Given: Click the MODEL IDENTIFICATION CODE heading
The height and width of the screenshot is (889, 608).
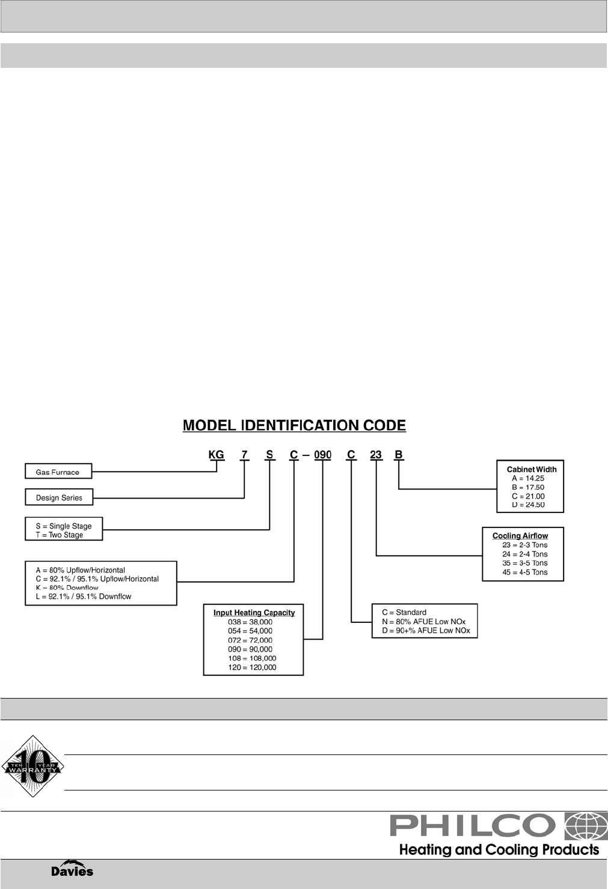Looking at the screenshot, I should coord(294,426).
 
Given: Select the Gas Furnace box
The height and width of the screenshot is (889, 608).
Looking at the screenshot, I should coord(58,472).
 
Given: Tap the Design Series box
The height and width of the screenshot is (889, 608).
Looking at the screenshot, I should coord(59,497).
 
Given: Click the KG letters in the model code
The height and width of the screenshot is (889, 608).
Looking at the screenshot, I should coord(216,455).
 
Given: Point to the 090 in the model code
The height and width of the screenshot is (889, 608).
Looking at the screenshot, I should coord(322,455).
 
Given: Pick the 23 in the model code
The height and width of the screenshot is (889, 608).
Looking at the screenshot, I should coord(376,455).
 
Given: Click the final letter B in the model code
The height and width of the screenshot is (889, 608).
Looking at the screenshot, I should coord(398,455).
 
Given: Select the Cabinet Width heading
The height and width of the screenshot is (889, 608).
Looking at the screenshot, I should coord(532,469).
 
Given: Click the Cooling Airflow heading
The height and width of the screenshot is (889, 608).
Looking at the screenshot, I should coord(520,536).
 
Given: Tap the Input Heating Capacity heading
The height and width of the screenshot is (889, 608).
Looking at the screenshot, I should coord(254,613).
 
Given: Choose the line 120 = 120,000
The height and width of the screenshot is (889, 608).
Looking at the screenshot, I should coord(252,667).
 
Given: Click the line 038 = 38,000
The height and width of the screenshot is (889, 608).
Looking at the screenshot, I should coord(250,622).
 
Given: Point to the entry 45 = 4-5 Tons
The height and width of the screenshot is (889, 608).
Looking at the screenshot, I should coord(524,572).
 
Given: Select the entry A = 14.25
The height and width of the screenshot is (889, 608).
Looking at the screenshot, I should coord(528,478).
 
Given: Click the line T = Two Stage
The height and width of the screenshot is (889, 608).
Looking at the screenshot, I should coord(60,535).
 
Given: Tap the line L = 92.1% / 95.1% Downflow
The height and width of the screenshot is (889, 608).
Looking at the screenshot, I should coord(84,596).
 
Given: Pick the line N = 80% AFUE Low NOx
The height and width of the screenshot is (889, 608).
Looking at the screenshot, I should coord(423,622).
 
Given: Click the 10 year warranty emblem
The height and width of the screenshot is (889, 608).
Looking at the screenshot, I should coord(32,766).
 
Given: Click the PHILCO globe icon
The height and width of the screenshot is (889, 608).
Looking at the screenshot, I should coord(582,826).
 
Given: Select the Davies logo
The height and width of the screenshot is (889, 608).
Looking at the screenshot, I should coord(72,870).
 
